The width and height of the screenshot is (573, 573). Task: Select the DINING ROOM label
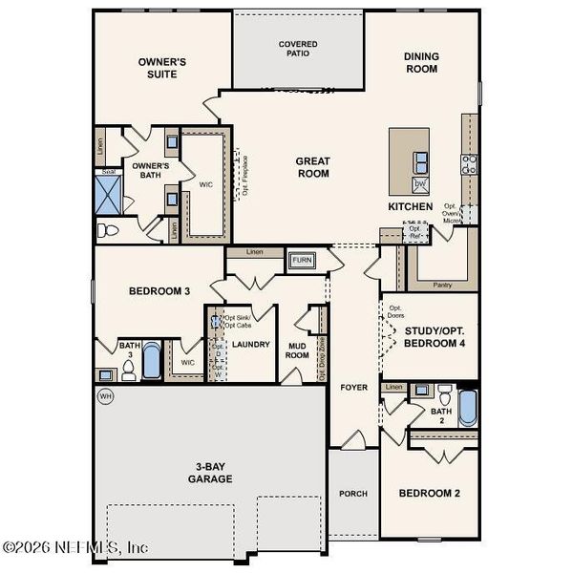point(419,63)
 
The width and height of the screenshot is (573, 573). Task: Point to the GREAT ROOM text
point(312,167)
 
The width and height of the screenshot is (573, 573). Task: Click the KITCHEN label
point(410,206)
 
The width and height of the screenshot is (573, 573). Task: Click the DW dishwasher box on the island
point(420,183)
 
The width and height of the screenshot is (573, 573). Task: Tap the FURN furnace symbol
point(303,260)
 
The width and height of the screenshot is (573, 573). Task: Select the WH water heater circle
point(104,394)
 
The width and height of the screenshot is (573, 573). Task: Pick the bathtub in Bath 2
point(468,408)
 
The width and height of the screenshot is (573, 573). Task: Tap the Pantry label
point(442,285)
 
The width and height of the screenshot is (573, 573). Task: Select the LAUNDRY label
point(251,345)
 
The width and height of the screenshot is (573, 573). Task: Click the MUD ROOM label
point(298,350)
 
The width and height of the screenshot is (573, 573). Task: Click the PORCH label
point(353,494)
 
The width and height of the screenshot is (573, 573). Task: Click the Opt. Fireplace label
point(245,176)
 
